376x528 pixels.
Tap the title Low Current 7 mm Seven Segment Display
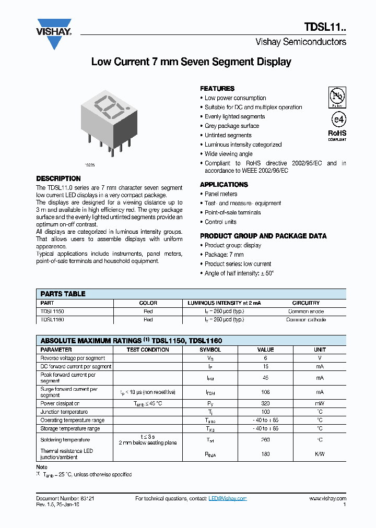coord(191,62)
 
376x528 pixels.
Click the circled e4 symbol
coord(337,119)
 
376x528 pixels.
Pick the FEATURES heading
coord(217,89)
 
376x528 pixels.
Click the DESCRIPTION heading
coord(58,178)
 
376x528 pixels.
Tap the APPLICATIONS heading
coord(224,185)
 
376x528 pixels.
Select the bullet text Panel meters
coord(221,194)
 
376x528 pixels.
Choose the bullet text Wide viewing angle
coord(228,154)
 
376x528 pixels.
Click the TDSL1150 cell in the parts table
coord(52,311)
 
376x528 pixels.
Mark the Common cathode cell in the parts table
coord(305,320)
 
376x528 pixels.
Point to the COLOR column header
coord(148,303)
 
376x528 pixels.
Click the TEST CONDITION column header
coord(148,350)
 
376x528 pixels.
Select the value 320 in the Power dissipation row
coord(265,403)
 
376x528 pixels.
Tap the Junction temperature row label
coord(64,412)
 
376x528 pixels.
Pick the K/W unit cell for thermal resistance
coord(320,454)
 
